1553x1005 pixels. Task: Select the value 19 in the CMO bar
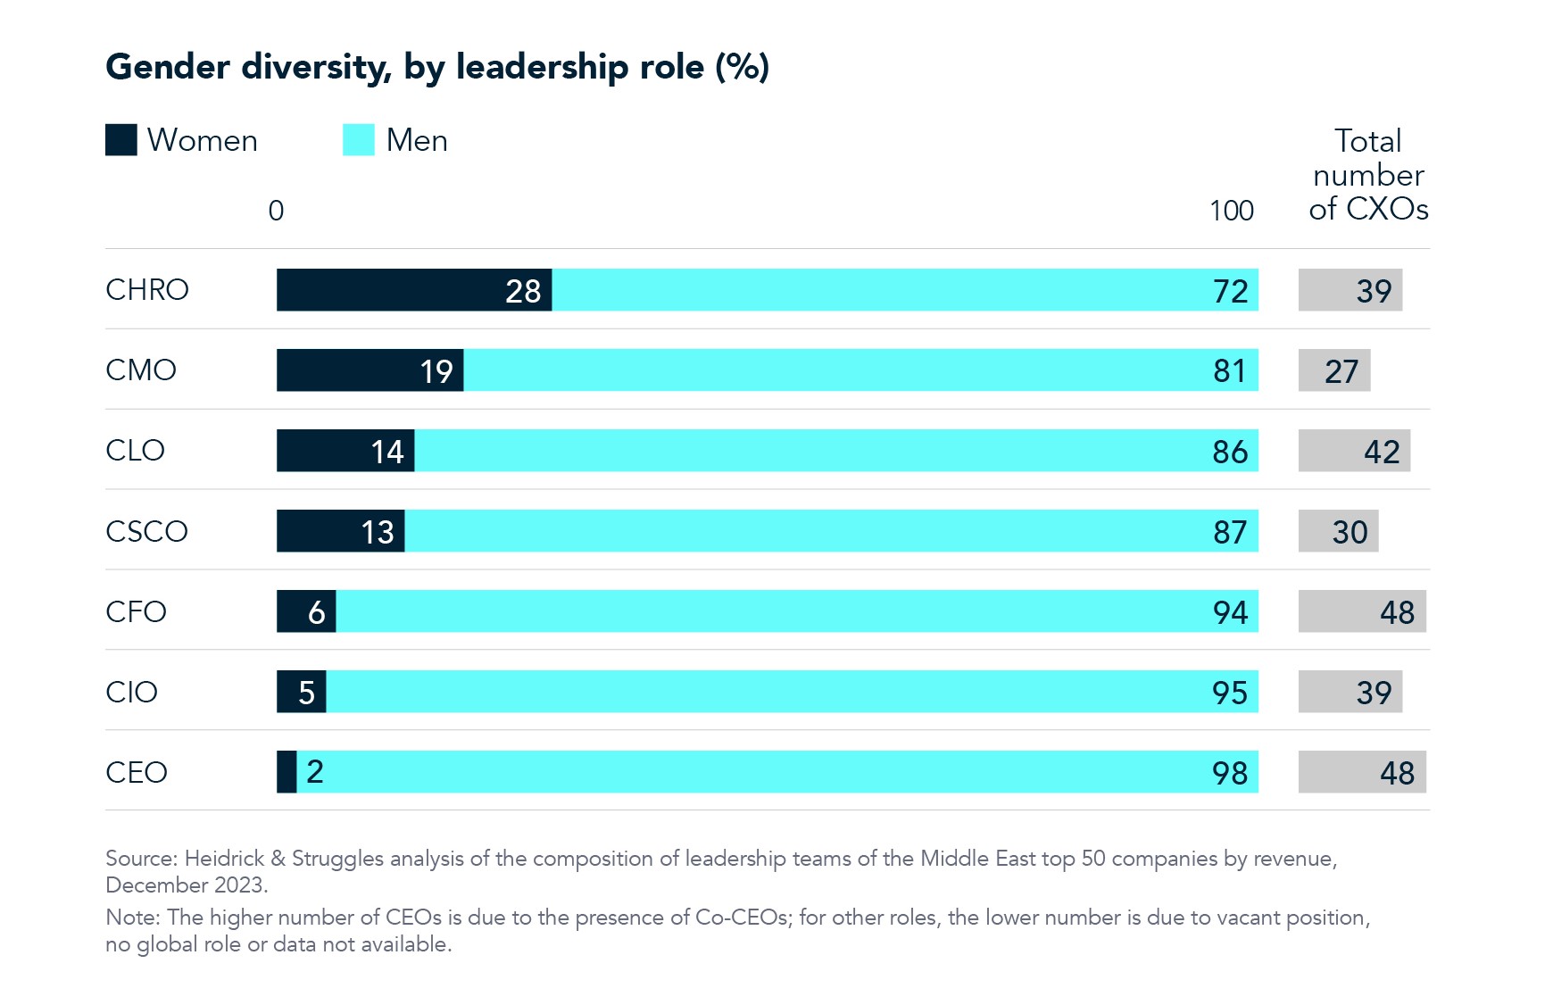[436, 371]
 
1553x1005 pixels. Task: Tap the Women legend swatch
[120, 140]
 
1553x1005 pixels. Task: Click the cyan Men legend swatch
[358, 140]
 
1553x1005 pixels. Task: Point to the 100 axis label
[1231, 211]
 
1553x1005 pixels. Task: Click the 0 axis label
[276, 211]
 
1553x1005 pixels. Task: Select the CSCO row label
[146, 531]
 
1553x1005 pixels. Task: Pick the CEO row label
[136, 772]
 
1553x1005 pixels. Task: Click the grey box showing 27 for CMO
[1333, 370]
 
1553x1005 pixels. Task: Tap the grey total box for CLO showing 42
[1354, 451]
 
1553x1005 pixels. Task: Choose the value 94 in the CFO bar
[1230, 612]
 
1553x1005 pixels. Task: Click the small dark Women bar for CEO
[287, 772]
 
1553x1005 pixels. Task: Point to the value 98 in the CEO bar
[1230, 773]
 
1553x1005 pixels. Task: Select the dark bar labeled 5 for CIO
[301, 692]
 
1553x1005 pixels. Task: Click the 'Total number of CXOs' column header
[1367, 175]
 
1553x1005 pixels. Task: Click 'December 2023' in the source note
[185, 885]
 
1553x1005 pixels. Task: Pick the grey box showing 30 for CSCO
[1338, 531]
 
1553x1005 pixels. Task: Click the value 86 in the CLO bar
[1230, 452]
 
